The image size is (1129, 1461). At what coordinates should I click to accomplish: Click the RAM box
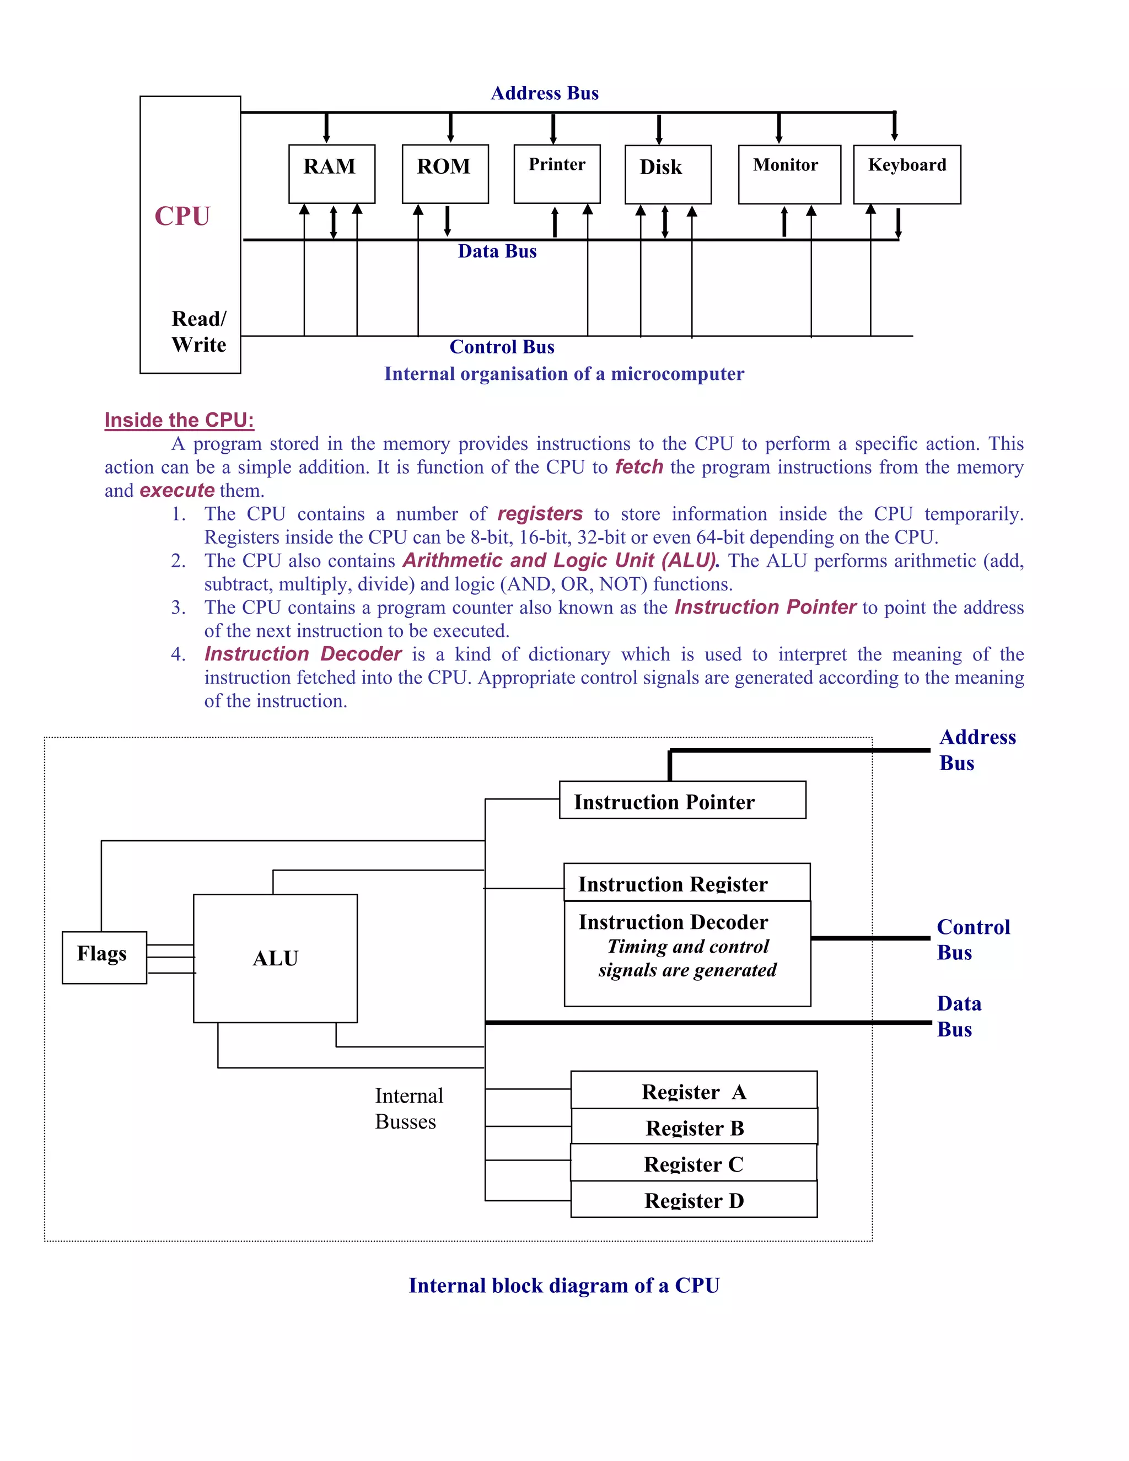click(x=332, y=173)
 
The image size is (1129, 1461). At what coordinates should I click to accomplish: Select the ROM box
click(x=445, y=173)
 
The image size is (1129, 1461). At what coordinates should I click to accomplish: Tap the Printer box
click(x=556, y=173)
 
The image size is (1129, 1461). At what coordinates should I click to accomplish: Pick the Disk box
click(x=668, y=174)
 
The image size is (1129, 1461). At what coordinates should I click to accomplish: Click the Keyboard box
click(x=906, y=174)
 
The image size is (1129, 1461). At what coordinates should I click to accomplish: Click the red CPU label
click(x=182, y=216)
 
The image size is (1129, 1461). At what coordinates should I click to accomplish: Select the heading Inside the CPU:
click(x=179, y=420)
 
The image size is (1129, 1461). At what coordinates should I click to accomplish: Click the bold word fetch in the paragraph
click(x=639, y=466)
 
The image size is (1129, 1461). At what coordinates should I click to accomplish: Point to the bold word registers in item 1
click(x=540, y=513)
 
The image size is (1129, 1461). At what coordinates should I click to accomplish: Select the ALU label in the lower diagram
click(x=275, y=958)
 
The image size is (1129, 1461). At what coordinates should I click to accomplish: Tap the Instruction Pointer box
click(x=682, y=800)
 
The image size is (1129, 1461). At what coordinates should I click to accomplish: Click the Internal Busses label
click(x=408, y=1109)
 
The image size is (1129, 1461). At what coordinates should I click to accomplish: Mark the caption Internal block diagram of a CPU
click(x=564, y=1285)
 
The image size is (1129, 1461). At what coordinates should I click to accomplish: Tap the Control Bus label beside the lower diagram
click(x=972, y=939)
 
